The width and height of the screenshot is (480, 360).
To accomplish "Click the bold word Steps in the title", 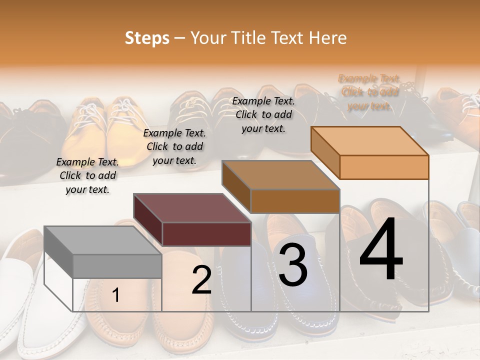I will [147, 38].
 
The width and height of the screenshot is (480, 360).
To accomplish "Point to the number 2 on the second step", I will [202, 280].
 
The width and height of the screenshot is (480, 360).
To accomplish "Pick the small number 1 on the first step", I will [115, 295].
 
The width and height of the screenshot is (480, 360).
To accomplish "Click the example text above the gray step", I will [87, 175].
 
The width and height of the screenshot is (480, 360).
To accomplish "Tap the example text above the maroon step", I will [174, 146].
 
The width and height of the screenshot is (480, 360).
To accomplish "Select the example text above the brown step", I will [263, 114].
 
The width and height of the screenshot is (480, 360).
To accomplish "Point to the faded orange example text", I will [369, 92].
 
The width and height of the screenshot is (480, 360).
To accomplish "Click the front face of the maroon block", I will [206, 234].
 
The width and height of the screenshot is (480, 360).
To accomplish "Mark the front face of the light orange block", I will [384, 167].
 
